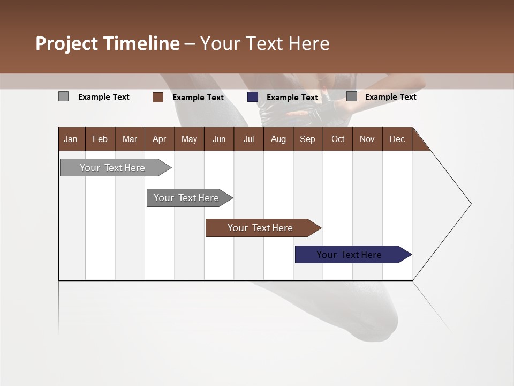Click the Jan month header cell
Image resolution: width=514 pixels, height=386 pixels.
tap(71, 139)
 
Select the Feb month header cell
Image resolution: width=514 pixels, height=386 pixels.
tap(100, 139)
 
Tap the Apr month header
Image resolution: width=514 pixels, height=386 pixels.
tap(160, 139)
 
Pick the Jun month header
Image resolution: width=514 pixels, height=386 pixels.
tap(219, 139)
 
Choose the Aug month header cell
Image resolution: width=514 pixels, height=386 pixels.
tap(278, 139)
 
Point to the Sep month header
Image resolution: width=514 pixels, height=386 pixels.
tap(308, 139)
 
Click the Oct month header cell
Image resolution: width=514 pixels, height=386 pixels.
tap(338, 139)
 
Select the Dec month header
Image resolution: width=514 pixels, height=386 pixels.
tap(397, 139)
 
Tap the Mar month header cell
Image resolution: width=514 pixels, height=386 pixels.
tap(130, 139)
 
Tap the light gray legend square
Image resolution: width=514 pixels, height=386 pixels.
tap(63, 96)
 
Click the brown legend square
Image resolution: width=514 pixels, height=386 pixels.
tap(158, 97)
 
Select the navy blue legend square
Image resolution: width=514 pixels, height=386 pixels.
tap(253, 97)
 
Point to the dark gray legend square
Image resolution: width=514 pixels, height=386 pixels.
tap(352, 96)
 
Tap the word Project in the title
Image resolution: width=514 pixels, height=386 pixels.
tap(67, 43)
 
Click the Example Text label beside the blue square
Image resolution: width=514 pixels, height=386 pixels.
tap(292, 98)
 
